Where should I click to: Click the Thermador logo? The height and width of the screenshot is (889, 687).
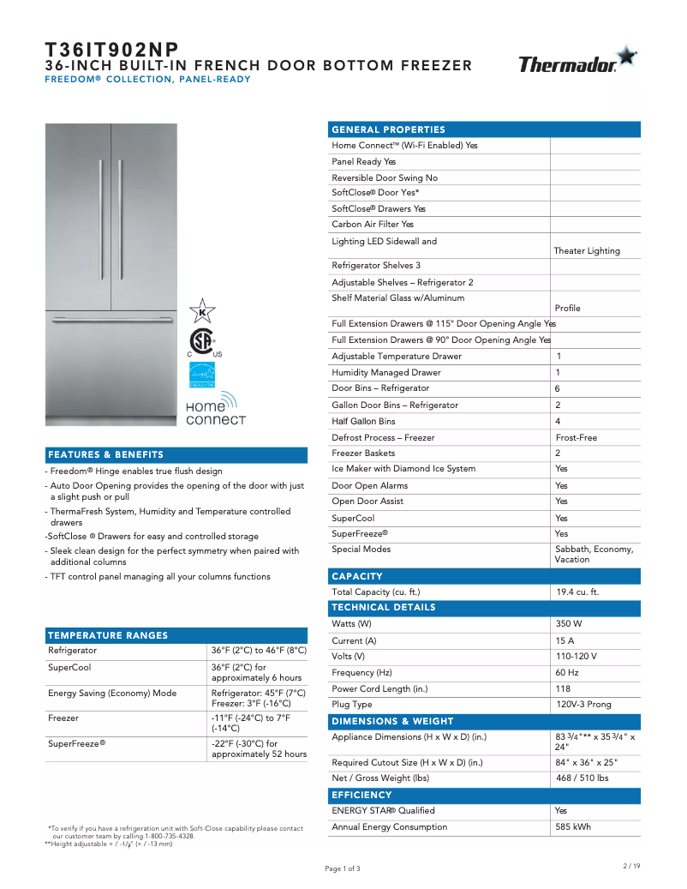pos(577,62)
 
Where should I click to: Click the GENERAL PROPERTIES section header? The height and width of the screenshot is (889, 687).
pos(388,129)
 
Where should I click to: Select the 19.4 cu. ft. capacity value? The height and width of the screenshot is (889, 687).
pos(576,592)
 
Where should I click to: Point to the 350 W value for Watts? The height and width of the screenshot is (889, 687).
pos(568,624)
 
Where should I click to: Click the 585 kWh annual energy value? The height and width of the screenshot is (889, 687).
pos(572,827)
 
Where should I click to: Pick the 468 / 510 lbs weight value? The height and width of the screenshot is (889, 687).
pos(582,778)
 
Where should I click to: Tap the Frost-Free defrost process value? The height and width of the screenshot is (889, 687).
pos(576,438)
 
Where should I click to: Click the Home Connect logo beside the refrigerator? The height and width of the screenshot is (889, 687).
pos(214,410)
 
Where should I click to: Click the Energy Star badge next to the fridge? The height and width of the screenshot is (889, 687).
pos(202,375)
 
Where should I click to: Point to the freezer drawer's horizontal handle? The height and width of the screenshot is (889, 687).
pos(111,321)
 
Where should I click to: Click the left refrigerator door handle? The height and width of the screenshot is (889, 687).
pos(101,210)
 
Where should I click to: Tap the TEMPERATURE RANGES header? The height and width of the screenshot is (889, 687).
pos(108,636)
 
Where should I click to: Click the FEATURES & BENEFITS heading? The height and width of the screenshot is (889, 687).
pos(105,455)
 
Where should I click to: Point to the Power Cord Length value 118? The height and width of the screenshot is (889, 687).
pos(563,688)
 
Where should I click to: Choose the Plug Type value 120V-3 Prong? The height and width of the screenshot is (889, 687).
pos(583,705)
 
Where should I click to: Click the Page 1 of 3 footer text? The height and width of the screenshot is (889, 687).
pos(343,868)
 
